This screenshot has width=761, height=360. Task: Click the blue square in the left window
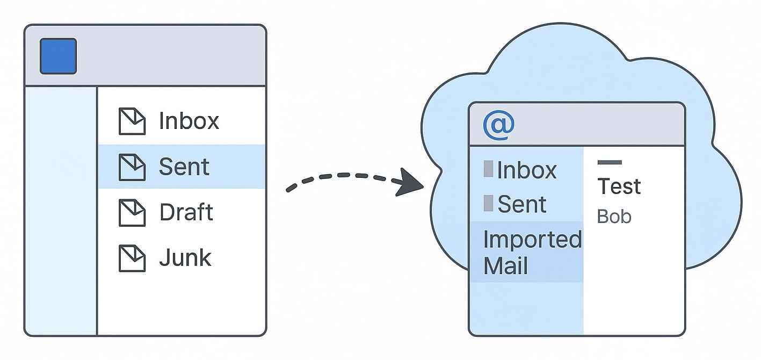coord(59,56)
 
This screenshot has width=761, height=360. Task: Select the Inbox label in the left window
coord(189,121)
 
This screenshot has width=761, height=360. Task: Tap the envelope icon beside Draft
coord(132,213)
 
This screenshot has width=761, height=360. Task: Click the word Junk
coord(185,258)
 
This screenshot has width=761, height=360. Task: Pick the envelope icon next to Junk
coord(132,258)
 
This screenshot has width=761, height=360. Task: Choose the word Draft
coord(186,212)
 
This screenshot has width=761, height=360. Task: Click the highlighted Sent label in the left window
coord(184,167)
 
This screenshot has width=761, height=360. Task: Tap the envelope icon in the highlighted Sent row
coord(132,167)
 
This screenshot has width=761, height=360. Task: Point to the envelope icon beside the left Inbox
coord(132,121)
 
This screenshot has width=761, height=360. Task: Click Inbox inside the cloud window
coord(519,170)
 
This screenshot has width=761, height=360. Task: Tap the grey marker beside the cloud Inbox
coord(488,169)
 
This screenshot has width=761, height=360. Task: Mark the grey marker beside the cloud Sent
coord(488,203)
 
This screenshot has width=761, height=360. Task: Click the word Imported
coord(532,240)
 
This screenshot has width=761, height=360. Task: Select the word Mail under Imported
coord(505,266)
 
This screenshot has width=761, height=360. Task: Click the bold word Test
coord(619,186)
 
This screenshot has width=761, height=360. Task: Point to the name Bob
coord(614,217)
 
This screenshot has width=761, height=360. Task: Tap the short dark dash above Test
coord(610,162)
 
